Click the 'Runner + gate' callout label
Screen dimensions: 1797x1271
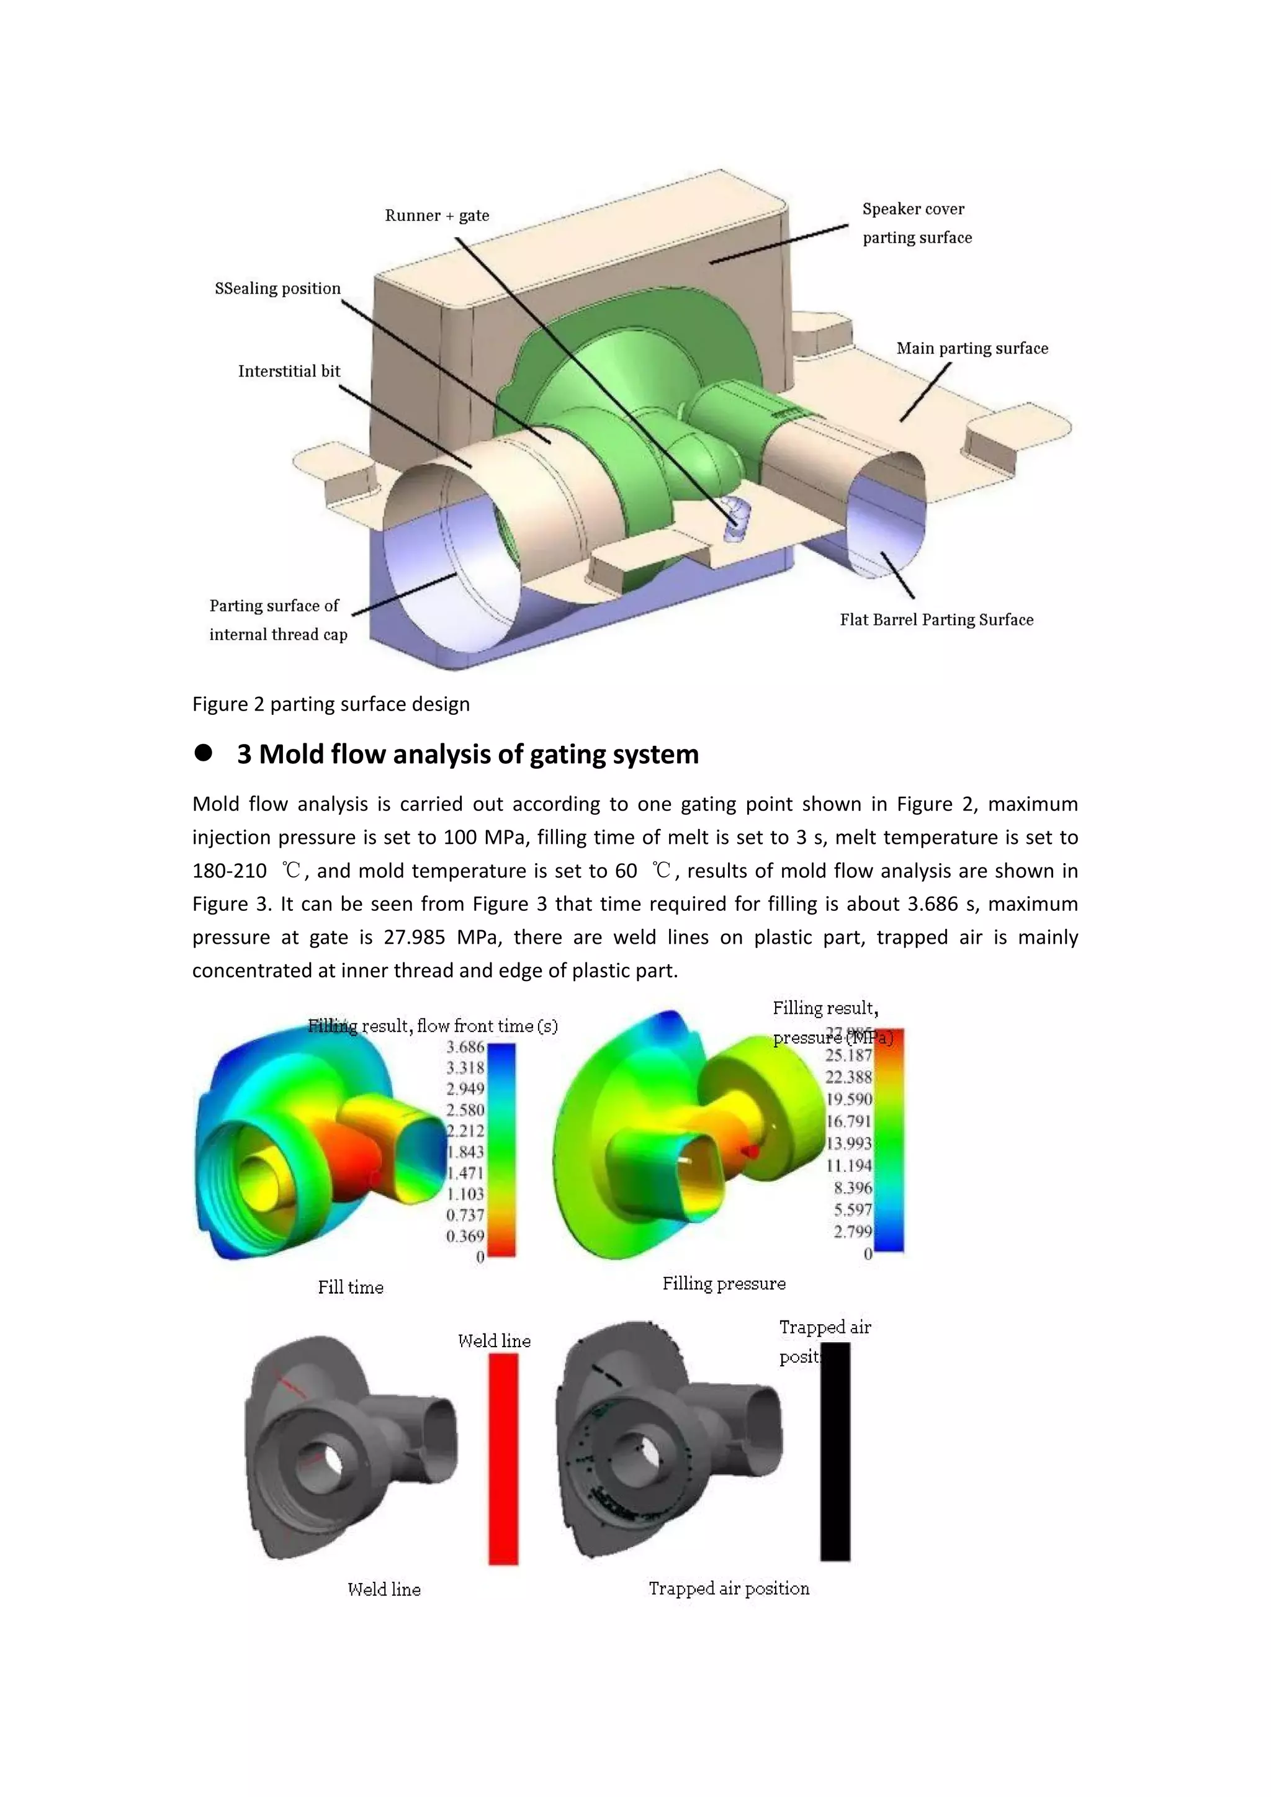point(437,215)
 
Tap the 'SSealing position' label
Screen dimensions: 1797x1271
point(278,288)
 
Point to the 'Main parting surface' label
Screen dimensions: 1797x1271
point(972,348)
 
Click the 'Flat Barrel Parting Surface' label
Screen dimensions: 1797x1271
point(936,620)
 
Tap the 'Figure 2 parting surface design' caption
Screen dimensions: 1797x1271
point(331,704)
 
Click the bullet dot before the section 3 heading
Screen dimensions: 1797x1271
point(204,753)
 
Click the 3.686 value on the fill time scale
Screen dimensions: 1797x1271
point(465,1047)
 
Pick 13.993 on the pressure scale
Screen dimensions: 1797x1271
point(849,1144)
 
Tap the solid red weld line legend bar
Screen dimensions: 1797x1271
point(503,1459)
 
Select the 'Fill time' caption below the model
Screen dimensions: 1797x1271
point(351,1288)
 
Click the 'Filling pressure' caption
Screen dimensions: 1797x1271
point(724,1284)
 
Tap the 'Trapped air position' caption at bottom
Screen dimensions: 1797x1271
point(729,1588)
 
